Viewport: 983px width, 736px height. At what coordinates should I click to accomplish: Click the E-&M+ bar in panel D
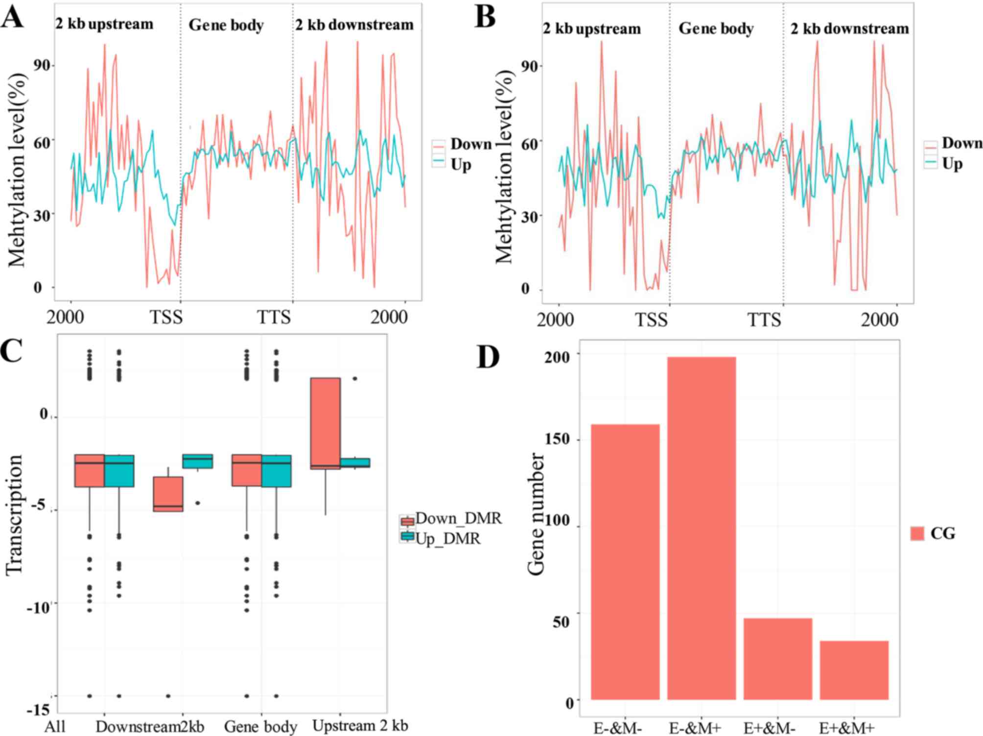point(701,528)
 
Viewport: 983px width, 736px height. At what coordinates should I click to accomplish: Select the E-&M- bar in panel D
point(625,562)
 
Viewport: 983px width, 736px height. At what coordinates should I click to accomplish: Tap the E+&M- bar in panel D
point(777,659)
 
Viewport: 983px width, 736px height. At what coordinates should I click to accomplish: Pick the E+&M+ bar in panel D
point(854,670)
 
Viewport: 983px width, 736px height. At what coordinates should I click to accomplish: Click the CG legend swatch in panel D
point(917,533)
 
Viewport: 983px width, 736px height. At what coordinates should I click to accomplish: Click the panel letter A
point(13,18)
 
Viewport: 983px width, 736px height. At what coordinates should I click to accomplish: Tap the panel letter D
point(488,357)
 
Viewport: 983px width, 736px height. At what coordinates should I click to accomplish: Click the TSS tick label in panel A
point(166,318)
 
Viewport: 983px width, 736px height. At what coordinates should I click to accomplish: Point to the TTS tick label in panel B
point(764,320)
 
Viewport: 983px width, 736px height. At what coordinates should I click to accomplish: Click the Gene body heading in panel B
point(716,29)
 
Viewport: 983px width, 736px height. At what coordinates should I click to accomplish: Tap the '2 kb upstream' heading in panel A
point(104,24)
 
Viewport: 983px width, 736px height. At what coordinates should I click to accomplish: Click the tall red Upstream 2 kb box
point(326,423)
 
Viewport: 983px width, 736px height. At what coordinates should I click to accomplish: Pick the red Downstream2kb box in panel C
point(168,494)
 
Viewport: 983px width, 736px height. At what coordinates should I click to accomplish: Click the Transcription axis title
point(15,515)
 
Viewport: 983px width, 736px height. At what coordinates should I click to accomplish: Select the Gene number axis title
point(537,514)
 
